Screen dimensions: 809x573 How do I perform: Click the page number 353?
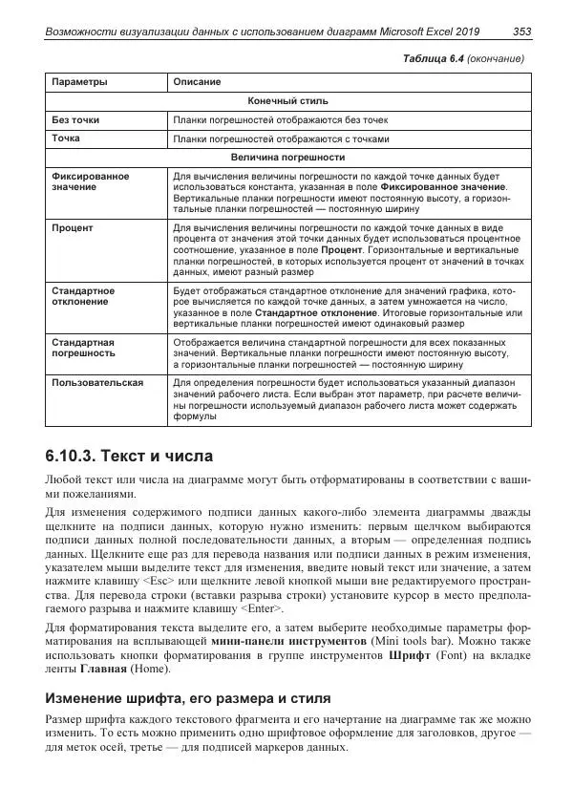coord(521,32)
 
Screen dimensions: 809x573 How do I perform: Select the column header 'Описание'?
coord(197,82)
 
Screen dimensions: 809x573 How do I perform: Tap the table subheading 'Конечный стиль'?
coord(287,100)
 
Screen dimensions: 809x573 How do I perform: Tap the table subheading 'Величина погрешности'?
coord(287,157)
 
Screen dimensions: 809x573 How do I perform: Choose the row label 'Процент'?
coord(73,229)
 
